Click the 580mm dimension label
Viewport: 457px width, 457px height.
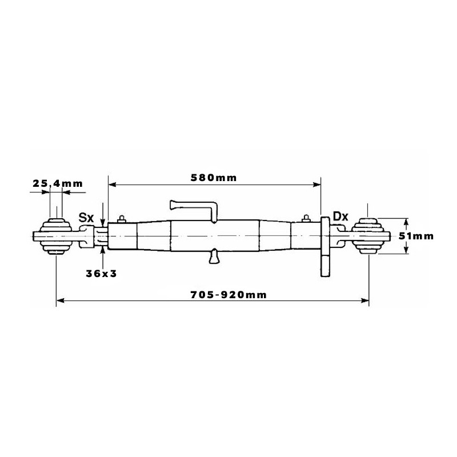pos(214,178)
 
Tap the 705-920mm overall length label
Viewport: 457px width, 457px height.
pos(228,295)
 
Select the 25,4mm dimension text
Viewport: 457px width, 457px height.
pos(58,183)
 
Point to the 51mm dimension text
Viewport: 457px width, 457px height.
pos(416,236)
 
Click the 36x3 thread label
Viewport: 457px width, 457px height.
pos(101,274)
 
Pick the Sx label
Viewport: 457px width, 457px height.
pos(86,218)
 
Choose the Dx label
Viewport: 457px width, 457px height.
pos(340,217)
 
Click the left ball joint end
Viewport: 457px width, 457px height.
pos(55,236)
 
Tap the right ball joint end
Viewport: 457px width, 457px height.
pos(368,236)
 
